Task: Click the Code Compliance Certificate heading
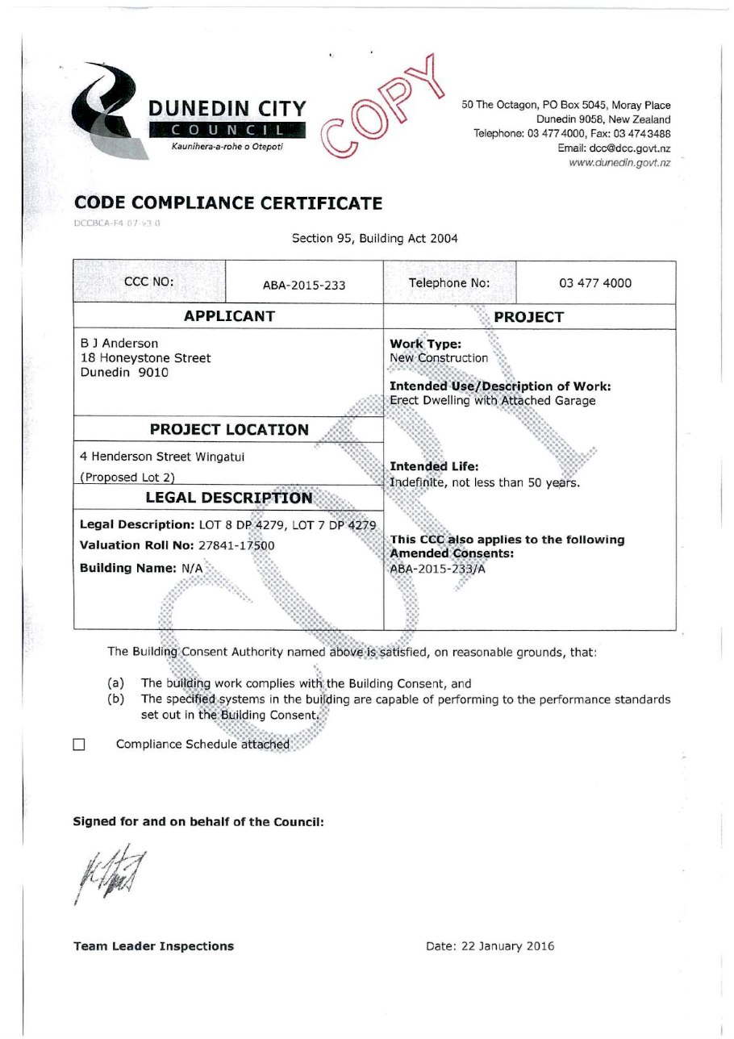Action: pos(227,203)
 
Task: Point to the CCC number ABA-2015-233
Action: pos(304,284)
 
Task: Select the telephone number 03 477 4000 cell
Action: pos(594,283)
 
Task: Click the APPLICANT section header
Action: pos(229,315)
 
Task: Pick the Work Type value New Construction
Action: pos(439,357)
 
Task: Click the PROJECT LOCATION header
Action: pos(228,429)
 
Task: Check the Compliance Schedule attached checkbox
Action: pos(79,745)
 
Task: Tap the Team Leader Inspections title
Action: pos(153,946)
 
